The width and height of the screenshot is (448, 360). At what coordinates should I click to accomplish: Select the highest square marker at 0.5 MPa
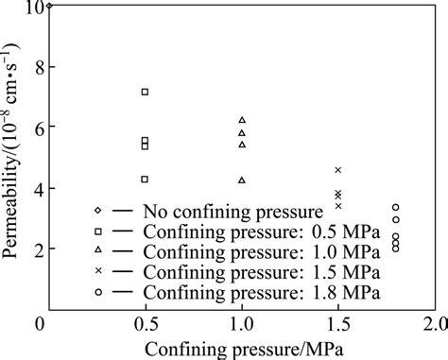click(145, 92)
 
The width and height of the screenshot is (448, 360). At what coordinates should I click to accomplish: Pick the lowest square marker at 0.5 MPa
click(145, 179)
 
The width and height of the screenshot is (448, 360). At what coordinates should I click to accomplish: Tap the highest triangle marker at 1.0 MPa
click(242, 120)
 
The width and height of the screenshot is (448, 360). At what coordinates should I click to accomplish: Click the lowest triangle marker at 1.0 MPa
click(242, 180)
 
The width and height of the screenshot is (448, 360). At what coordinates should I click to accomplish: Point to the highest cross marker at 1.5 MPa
click(338, 170)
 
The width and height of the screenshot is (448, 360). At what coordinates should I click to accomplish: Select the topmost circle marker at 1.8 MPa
click(396, 207)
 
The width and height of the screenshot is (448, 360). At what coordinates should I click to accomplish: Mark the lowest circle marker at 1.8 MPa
click(396, 249)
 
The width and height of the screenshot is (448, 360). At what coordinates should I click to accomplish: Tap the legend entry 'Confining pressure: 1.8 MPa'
click(240, 293)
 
